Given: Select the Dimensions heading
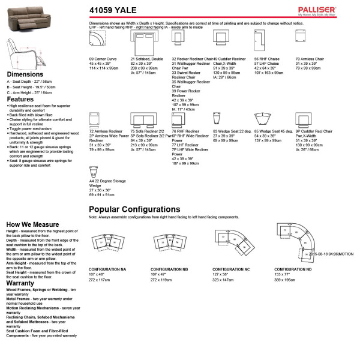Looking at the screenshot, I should point(23,74).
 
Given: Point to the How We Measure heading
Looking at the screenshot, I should point(32,224).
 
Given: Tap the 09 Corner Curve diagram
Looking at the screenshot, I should point(98,40).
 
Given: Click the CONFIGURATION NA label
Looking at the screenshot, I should point(107,269).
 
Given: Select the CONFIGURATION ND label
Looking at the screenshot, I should point(293,269).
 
